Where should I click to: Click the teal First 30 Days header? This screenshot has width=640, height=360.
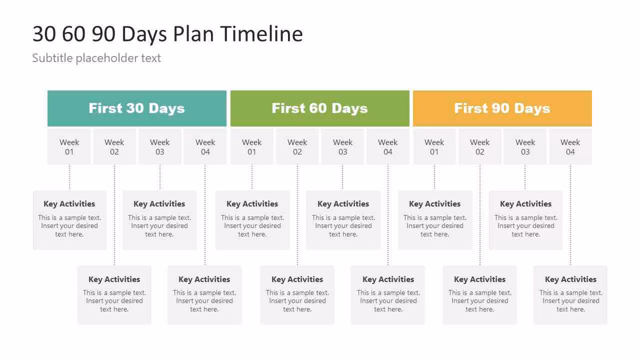(137, 108)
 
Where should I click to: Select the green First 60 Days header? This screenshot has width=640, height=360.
(319, 108)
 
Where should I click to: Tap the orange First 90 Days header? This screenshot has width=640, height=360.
(502, 108)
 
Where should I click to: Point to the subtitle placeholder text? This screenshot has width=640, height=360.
(96, 58)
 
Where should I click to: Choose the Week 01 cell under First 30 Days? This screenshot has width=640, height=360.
(69, 146)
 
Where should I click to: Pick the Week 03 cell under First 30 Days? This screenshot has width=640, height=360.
(159, 146)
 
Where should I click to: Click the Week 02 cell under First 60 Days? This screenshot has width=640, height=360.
(297, 146)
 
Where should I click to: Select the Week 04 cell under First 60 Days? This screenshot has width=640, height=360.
(387, 146)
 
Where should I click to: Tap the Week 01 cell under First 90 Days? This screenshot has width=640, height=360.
(434, 146)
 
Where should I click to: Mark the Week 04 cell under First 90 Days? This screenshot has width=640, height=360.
(570, 146)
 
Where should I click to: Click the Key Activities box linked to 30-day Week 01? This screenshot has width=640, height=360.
(69, 220)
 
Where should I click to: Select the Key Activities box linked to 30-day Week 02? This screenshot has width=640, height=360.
(114, 295)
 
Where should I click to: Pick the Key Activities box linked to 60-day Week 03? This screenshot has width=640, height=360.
(343, 220)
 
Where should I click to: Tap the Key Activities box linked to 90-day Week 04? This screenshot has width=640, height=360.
(570, 295)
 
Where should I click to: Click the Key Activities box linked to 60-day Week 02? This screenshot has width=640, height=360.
(297, 295)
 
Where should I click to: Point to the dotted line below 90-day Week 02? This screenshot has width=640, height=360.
(480, 215)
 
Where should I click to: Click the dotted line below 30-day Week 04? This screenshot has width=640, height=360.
(205, 215)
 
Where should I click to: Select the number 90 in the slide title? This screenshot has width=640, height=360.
(103, 34)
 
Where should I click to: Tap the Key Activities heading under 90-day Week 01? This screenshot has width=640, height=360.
(434, 204)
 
